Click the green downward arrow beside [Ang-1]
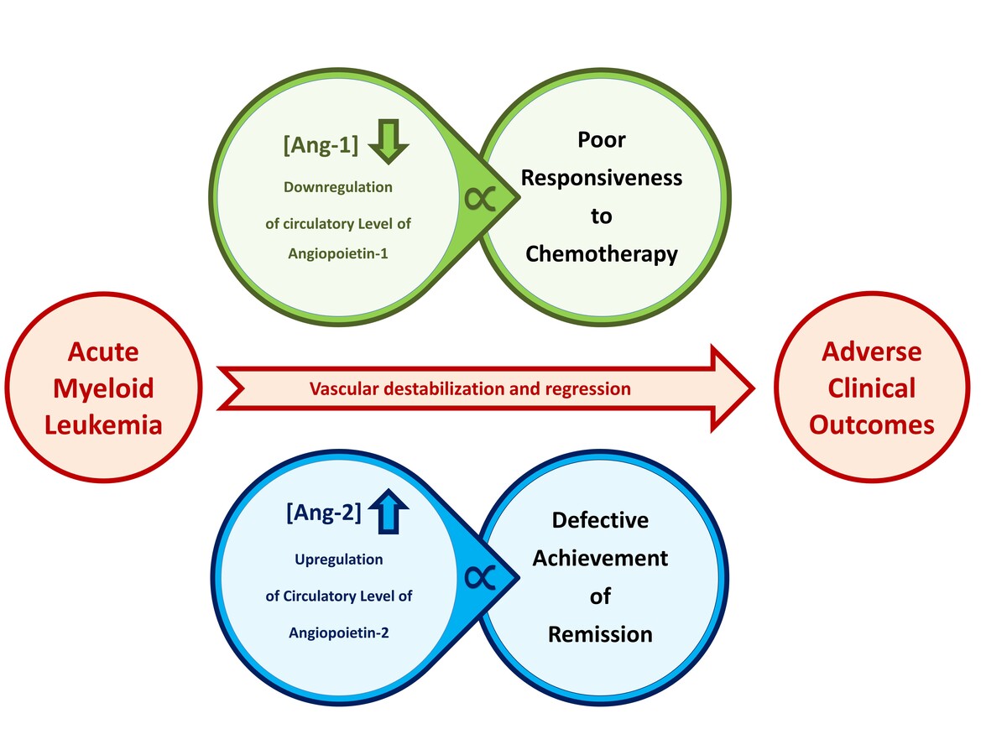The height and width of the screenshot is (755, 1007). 389,142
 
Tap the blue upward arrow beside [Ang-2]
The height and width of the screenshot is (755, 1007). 389,511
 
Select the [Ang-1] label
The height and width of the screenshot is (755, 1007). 321,145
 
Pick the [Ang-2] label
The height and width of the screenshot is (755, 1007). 323,512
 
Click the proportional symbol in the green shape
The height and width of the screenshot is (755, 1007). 480,200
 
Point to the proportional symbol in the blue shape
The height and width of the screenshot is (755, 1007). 480,577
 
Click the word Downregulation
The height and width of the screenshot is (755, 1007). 338,187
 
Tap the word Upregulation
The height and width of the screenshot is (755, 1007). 339,560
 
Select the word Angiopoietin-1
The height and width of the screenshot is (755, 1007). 338,253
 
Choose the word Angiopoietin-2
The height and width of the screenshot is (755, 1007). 339,633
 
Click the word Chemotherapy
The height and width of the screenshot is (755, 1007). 602,254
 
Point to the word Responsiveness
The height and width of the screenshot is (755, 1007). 602,178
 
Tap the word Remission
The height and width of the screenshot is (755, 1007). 601,634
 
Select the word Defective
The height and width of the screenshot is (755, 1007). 601,520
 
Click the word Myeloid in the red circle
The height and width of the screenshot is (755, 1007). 104,389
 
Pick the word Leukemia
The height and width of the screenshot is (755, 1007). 104,425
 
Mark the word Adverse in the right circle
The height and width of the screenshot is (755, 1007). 872,352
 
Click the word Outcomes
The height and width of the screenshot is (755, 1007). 872,425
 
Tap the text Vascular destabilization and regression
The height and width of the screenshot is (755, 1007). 470,388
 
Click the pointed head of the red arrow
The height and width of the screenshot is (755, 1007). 754,388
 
